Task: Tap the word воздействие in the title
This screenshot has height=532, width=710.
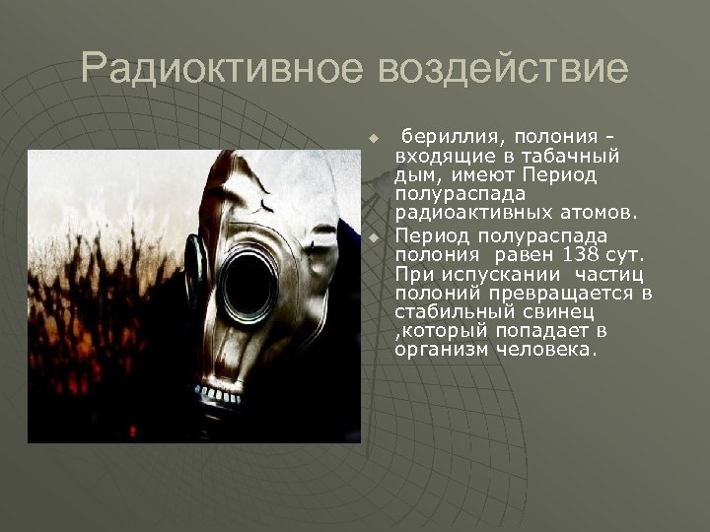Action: [x=504, y=69]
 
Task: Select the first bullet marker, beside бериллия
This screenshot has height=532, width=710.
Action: [x=374, y=136]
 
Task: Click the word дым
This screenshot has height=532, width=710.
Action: [x=414, y=174]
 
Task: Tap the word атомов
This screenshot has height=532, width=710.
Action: [x=601, y=212]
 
